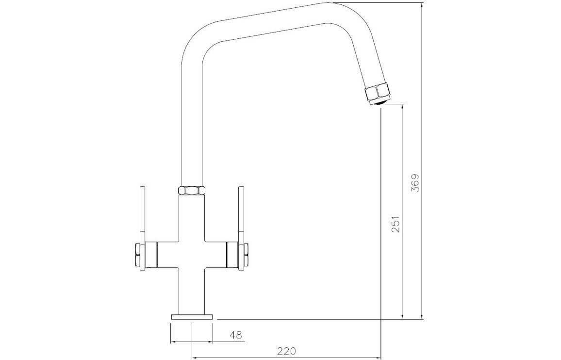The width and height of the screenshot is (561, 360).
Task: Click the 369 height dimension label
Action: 415,183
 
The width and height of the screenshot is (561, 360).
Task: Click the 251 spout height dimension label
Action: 396,224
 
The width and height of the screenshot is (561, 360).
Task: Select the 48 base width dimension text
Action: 237,335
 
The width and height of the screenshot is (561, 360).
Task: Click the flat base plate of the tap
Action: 192,317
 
